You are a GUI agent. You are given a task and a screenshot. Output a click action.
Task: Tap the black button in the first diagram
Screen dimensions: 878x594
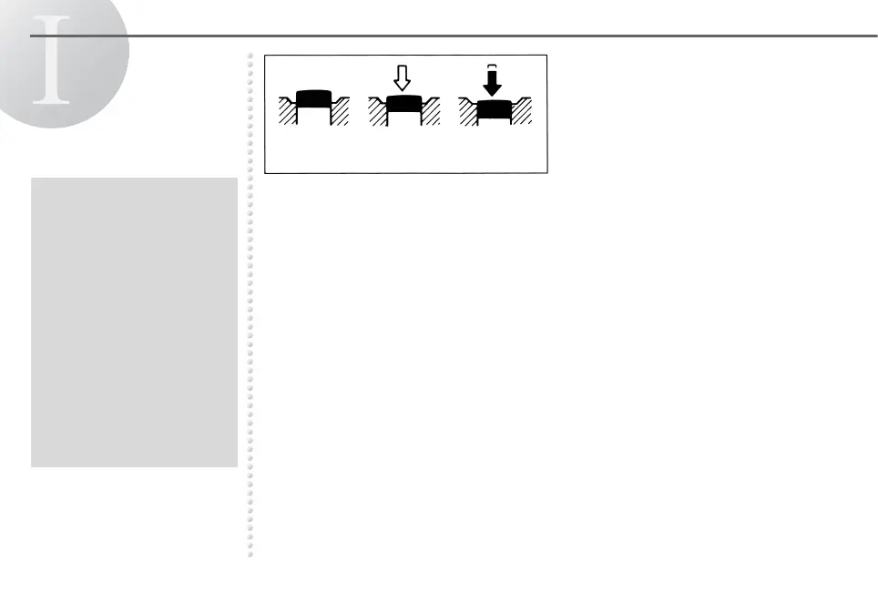(x=312, y=97)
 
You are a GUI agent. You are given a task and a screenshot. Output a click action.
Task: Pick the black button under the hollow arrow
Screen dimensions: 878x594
(x=402, y=105)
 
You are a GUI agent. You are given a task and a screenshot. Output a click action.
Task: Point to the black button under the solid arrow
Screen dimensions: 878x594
(x=493, y=110)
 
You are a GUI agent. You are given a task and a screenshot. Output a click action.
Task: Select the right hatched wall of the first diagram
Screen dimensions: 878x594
(x=339, y=112)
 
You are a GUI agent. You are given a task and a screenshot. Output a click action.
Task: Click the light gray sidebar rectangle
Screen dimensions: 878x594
(x=134, y=322)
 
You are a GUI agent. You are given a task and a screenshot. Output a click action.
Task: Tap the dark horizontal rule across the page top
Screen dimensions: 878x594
(x=546, y=36)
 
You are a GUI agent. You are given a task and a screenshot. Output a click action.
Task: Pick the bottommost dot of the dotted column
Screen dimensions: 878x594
(x=250, y=553)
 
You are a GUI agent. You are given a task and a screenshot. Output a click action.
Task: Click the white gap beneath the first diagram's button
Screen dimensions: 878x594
(x=312, y=118)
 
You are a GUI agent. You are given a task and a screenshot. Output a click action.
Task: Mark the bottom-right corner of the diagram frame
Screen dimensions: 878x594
(x=546, y=172)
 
